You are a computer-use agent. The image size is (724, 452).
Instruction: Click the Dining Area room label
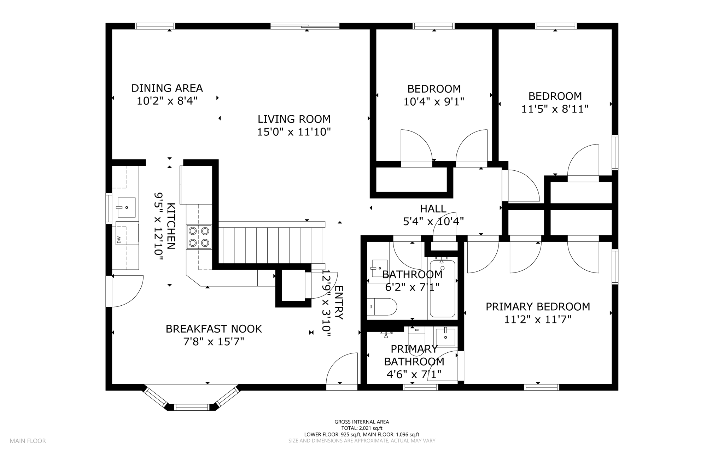pos(167,88)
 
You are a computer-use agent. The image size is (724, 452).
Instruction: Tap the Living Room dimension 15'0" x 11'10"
pos(294,132)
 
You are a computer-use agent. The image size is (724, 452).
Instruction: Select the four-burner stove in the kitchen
pos(199,237)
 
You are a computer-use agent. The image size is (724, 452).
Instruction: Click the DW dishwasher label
pos(119,240)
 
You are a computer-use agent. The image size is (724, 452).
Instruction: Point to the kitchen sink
pos(126,207)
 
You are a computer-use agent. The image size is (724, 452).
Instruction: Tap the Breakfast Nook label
pos(214,329)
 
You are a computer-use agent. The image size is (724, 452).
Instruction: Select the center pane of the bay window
pos(192,407)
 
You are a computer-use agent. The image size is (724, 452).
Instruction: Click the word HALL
pos(433,209)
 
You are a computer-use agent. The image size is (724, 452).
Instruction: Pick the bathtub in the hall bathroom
pos(442,289)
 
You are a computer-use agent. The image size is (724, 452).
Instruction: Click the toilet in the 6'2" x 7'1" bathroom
pos(382,307)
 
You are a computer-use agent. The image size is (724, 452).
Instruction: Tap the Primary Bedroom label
pos(538,307)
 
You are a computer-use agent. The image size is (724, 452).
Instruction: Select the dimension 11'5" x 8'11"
pos(555,109)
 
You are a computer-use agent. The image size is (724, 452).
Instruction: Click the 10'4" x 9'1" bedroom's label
pos(434,89)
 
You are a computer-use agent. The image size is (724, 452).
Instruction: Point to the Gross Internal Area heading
pos(362,422)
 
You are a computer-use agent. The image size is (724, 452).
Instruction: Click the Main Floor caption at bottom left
pos(28,441)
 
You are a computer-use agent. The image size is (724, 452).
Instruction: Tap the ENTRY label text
pos(339,303)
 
